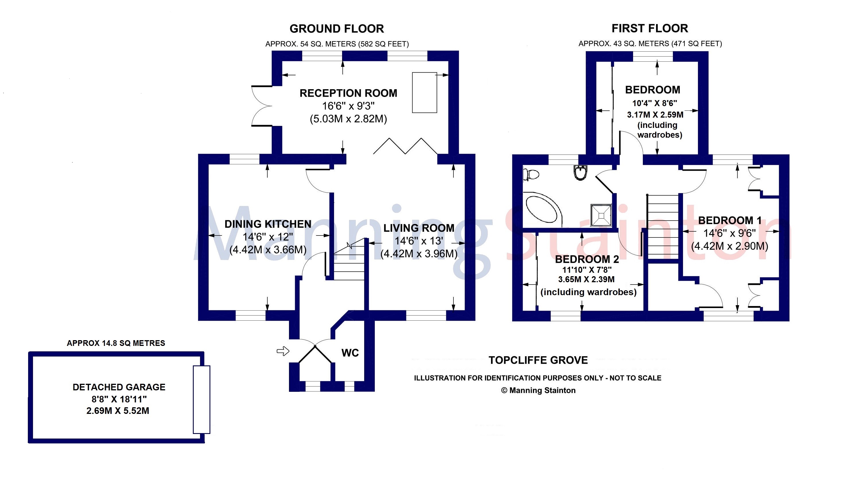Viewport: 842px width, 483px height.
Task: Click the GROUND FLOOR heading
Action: point(337,29)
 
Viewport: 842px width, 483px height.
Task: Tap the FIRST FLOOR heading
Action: point(650,28)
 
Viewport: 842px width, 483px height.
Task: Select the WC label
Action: point(350,353)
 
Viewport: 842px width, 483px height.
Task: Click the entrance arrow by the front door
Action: point(283,351)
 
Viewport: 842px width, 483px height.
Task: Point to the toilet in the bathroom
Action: point(531,174)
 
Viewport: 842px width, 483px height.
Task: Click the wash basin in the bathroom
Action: point(580,172)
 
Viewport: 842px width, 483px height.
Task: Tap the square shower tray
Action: point(601,216)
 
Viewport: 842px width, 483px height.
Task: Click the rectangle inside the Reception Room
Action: point(424,93)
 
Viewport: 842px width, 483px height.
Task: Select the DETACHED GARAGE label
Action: point(119,387)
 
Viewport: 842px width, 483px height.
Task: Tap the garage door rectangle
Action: point(201,400)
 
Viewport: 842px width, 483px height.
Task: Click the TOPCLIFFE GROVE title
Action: point(538,360)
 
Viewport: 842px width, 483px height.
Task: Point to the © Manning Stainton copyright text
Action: point(538,390)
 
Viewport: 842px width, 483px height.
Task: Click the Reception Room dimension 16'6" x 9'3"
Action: point(348,106)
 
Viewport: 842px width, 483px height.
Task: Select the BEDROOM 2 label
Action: point(587,259)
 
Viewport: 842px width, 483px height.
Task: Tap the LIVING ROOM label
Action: point(419,228)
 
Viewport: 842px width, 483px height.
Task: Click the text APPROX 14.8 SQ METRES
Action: point(116,343)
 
